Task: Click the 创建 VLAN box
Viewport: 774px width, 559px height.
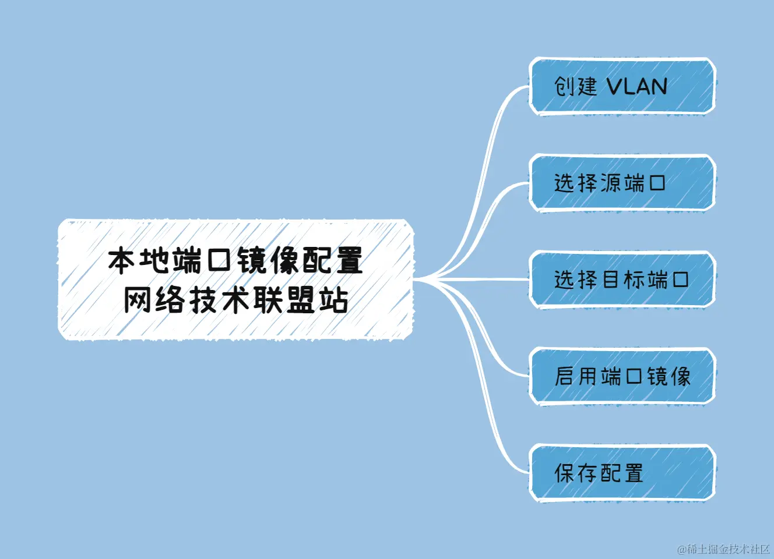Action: tap(621, 86)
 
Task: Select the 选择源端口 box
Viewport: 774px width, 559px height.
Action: tap(621, 183)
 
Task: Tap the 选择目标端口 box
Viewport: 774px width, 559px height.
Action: tap(621, 279)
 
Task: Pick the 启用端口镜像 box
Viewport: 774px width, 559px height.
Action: tap(621, 376)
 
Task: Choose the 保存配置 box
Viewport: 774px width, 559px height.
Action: tap(621, 473)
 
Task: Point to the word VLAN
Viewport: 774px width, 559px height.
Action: tap(637, 87)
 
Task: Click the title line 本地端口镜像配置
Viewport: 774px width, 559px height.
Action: tap(235, 260)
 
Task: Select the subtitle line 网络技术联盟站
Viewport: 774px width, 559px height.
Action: tap(235, 300)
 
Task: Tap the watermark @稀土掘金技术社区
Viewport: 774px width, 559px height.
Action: tap(724, 549)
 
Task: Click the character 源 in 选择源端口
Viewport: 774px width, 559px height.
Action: tap(610, 183)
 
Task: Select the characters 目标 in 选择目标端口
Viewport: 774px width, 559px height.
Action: tap(622, 279)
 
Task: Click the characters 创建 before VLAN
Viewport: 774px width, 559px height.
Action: tap(576, 87)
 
